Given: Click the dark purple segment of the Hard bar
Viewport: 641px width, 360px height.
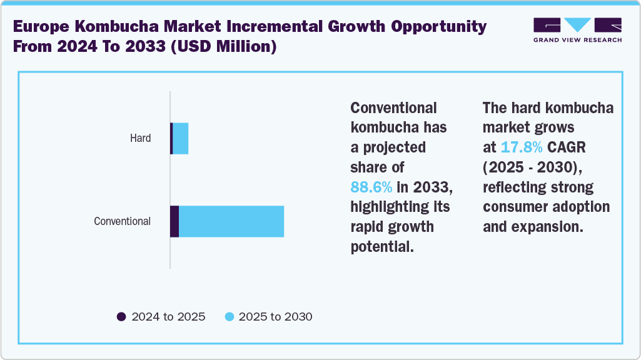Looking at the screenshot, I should pos(171,138).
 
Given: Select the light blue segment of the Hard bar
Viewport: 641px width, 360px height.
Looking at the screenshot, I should pos(181,138).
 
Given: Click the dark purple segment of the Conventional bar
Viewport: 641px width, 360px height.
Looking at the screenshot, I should pos(174,221).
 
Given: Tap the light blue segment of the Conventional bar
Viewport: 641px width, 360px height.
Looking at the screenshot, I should pos(231,221).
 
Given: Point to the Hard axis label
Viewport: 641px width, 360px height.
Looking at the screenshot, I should pos(140,138).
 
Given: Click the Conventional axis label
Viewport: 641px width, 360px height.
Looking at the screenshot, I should pos(122,221).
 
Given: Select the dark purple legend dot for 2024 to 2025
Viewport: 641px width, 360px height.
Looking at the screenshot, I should pos(121,317).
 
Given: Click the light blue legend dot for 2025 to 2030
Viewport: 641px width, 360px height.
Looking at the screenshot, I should pos(229,317).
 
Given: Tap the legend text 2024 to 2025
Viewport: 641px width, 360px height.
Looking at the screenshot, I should pos(168,317).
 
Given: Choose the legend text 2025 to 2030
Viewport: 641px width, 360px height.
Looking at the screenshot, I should pos(275,317).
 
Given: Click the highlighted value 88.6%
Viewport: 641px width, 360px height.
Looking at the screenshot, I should pos(371,187).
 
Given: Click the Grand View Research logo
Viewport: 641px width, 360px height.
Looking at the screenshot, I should pos(577,30).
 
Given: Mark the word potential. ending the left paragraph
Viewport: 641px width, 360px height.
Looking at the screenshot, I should pos(382,246).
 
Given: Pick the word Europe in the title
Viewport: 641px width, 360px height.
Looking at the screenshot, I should pos(38,27).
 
